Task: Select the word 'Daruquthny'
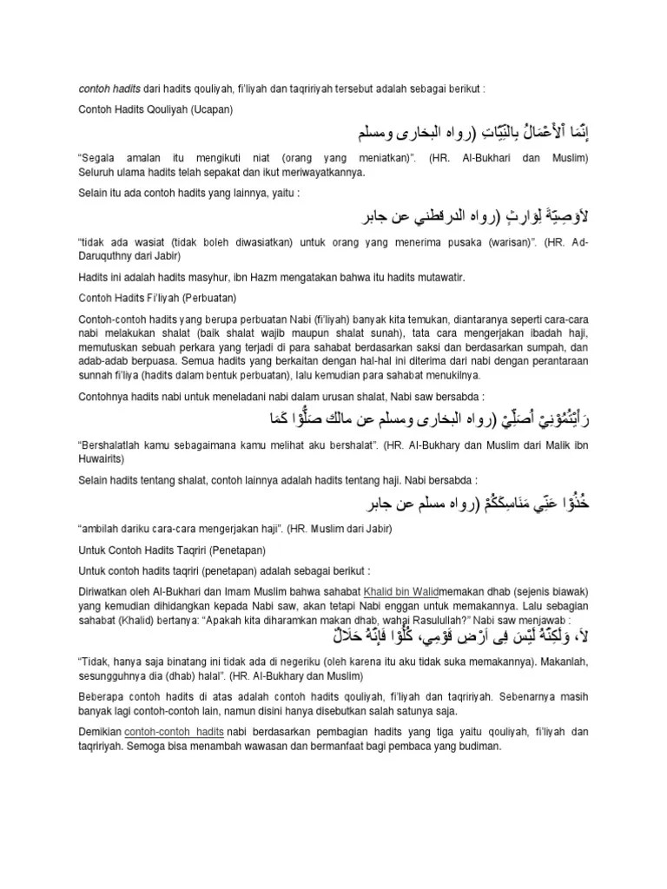pyautogui.click(x=108, y=256)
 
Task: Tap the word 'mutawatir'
pyautogui.click(x=438, y=277)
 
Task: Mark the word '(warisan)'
pyautogui.click(x=514, y=242)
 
